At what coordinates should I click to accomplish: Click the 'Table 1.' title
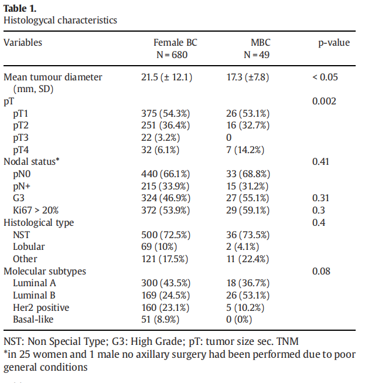pos(19,8)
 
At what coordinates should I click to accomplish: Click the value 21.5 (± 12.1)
pos(167,77)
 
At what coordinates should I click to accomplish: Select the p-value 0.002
pos(324,101)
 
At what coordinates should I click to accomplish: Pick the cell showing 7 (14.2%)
pos(246,150)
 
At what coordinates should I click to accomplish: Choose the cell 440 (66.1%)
pos(166,174)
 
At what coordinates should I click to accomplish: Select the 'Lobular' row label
pos(29,246)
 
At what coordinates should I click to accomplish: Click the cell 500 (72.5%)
pos(166,235)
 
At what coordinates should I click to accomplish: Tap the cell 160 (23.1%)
pos(166,307)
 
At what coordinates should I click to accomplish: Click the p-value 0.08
pos(322,271)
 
